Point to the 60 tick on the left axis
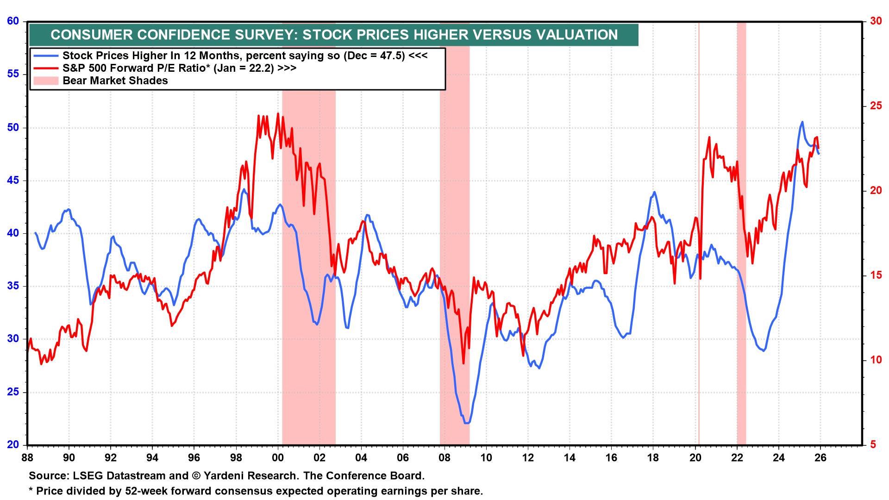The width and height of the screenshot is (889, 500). pos(13,21)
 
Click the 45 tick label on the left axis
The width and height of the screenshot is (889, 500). pos(13,181)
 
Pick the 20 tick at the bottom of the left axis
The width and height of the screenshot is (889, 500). pos(13,445)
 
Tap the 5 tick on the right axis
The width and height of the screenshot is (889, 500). pos(872,445)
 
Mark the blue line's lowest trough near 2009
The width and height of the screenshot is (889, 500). pos(467,423)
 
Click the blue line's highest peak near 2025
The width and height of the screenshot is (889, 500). pos(802,122)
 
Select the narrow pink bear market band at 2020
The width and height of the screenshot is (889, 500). pos(698,231)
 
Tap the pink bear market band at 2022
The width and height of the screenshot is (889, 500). pos(741,231)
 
